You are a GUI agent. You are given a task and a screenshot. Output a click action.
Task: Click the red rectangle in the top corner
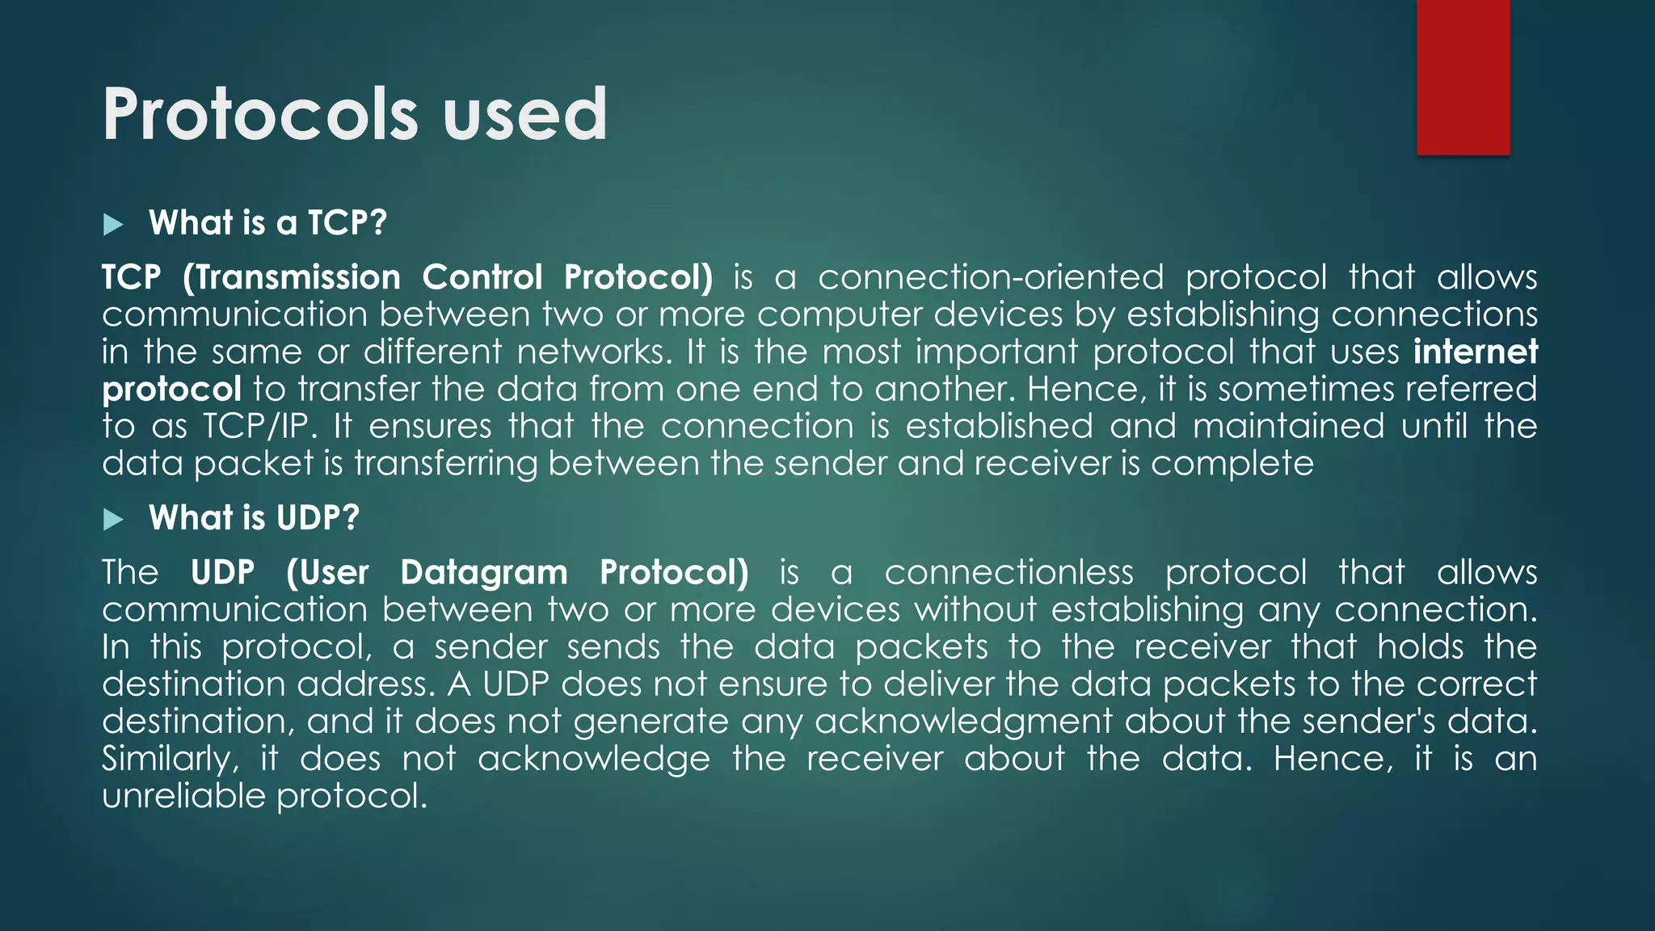[1463, 77]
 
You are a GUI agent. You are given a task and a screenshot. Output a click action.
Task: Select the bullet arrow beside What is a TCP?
[113, 224]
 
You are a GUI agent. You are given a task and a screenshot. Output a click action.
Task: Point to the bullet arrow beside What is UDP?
[113, 519]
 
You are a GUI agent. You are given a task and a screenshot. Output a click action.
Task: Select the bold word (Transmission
[292, 278]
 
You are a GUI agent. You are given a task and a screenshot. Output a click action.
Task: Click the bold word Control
[482, 278]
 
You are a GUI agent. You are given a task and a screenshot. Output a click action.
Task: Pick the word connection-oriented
[991, 278]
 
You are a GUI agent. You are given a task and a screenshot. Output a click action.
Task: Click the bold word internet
[1476, 352]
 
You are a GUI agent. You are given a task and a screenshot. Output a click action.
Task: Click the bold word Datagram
[484, 573]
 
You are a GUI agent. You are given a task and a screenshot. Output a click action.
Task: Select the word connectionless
[1009, 573]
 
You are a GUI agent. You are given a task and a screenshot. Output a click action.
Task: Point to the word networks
[595, 352]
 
